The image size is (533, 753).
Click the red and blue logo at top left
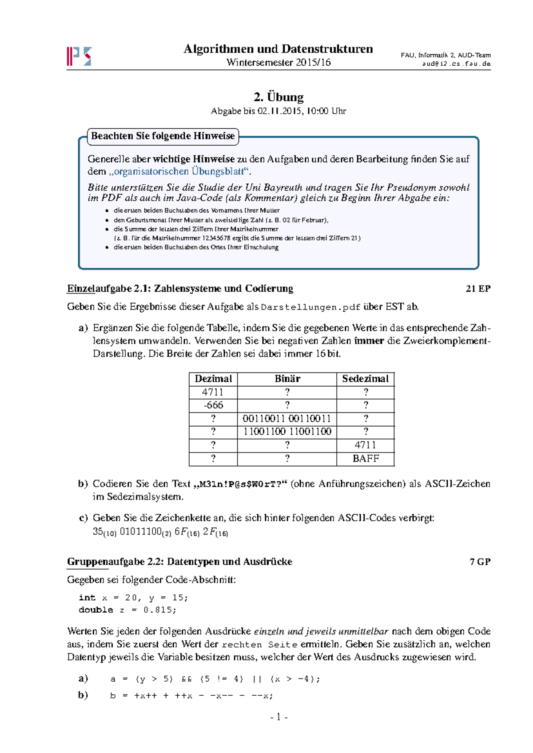click(x=79, y=56)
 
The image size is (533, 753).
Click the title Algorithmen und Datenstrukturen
click(x=278, y=49)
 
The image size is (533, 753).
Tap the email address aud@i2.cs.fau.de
click(x=456, y=63)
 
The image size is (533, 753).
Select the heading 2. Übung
click(x=278, y=97)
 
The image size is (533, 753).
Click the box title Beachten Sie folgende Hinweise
click(x=163, y=136)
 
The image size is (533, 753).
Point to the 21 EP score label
click(x=478, y=289)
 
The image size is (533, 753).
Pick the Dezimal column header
click(x=213, y=379)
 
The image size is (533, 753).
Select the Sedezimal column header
click(x=365, y=379)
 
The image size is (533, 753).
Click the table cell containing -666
click(x=213, y=405)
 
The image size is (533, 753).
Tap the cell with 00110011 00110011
click(x=287, y=418)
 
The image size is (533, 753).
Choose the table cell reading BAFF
click(x=366, y=459)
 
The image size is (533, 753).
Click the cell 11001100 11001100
click(x=287, y=432)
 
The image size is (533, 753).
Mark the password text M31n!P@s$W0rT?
click(x=240, y=484)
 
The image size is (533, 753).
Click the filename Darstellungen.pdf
click(x=310, y=307)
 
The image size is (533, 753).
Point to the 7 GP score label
click(x=480, y=562)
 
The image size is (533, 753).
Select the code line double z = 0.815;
click(x=127, y=610)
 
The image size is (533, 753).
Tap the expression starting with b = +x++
click(x=191, y=696)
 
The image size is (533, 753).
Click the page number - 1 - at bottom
click(x=278, y=717)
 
